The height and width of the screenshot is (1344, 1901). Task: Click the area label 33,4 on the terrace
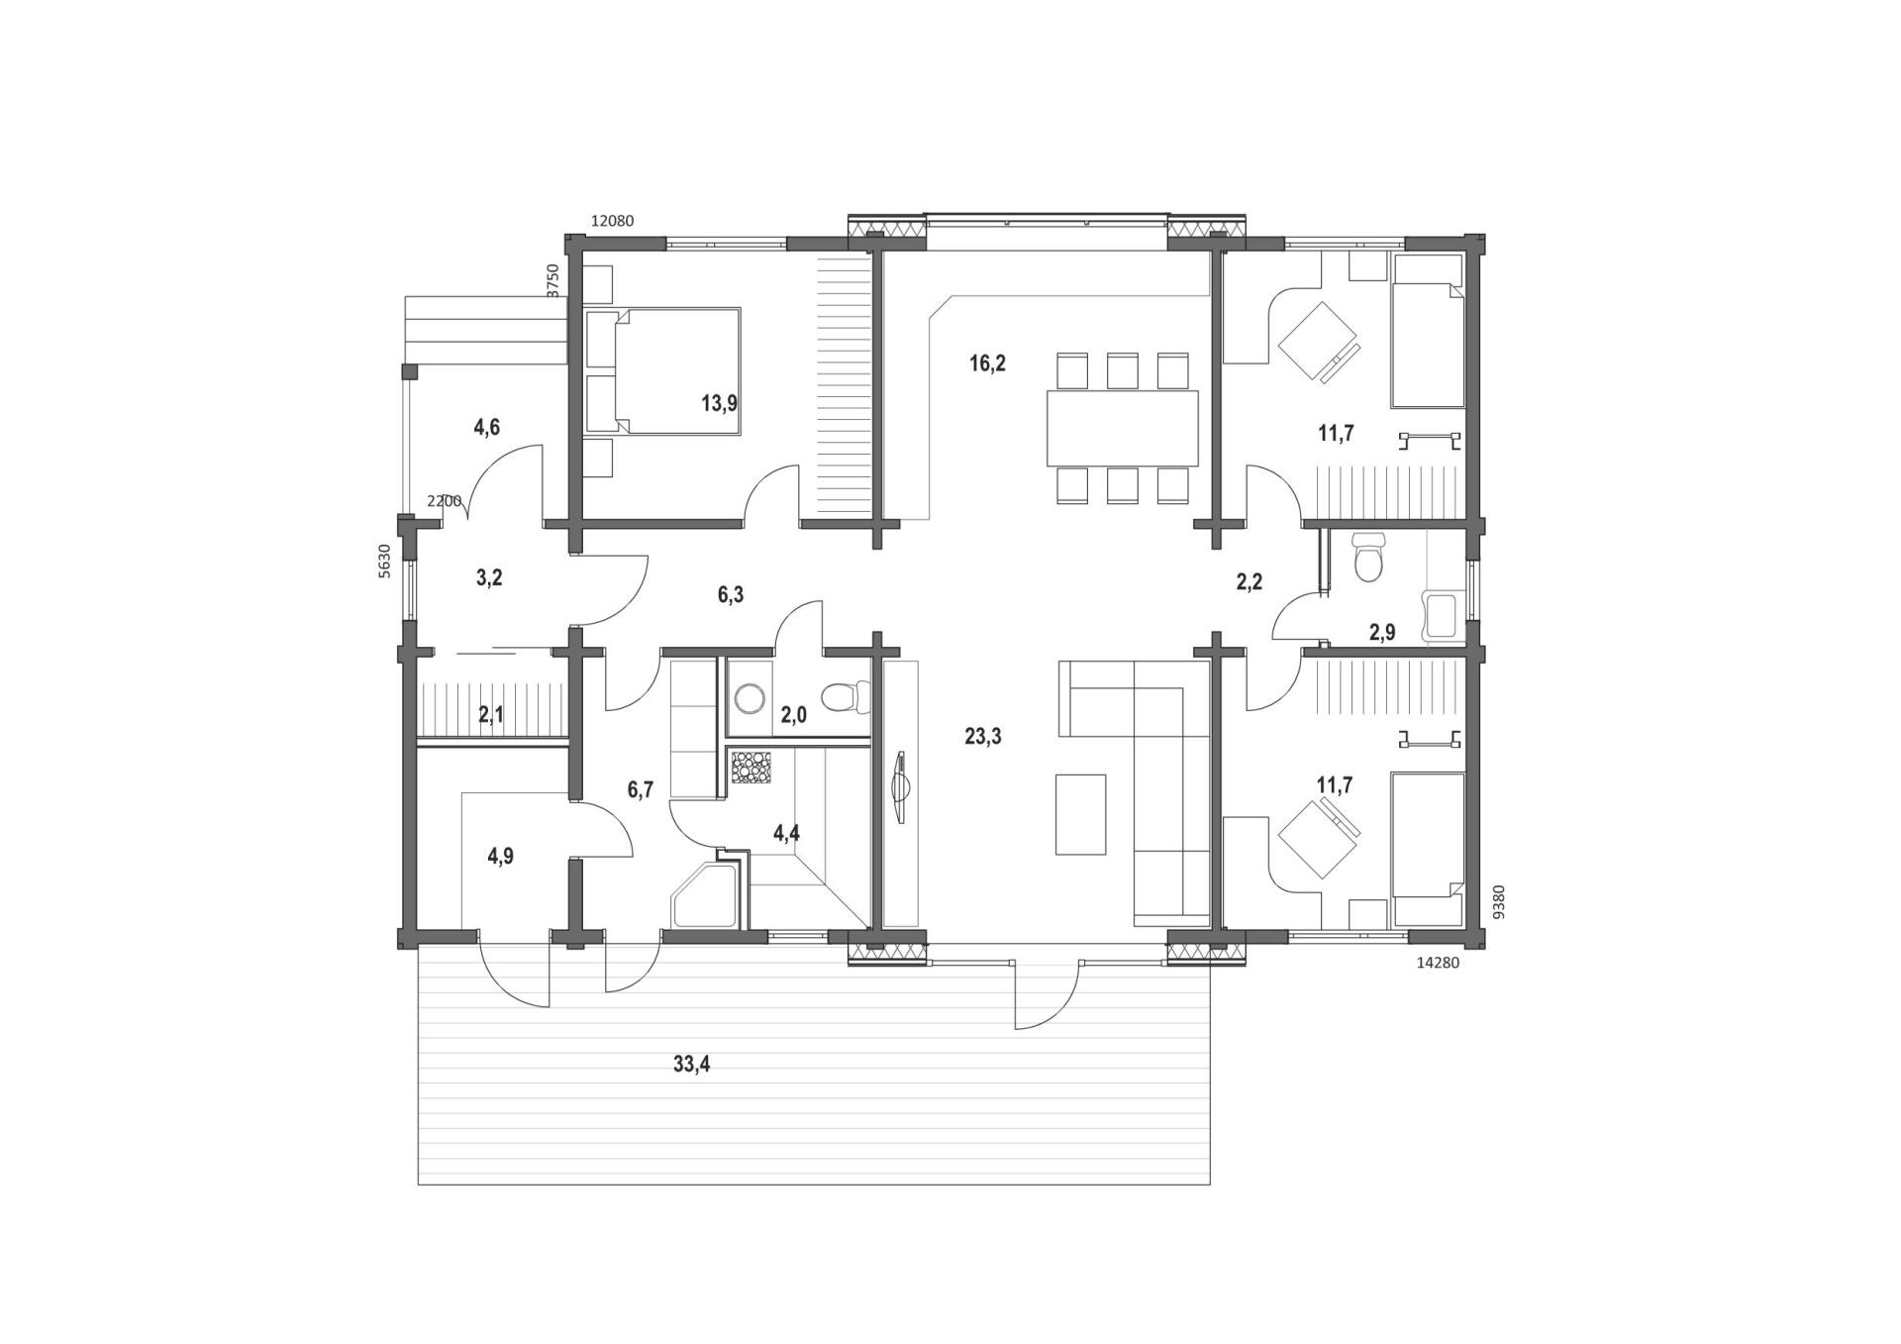coord(691,1065)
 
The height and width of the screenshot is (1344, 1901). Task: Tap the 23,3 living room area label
coord(983,736)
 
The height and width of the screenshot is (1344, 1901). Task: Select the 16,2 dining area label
coord(987,363)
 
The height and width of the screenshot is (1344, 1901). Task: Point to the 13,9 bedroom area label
coord(720,403)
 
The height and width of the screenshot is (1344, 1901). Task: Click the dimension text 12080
coord(612,221)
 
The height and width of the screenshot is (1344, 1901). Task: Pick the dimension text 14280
coord(1438,962)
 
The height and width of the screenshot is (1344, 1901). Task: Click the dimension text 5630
coord(385,561)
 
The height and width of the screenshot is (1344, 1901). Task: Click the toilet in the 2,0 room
coord(845,697)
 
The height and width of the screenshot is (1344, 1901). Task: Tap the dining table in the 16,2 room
coord(1123,428)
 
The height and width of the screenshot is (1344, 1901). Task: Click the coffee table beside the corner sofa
coord(1080,814)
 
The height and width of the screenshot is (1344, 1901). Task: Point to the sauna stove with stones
coord(750,769)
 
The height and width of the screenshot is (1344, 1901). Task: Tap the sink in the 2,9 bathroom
coord(1441,616)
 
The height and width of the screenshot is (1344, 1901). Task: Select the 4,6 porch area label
coord(486,427)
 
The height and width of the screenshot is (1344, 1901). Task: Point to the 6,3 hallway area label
coord(731,594)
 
